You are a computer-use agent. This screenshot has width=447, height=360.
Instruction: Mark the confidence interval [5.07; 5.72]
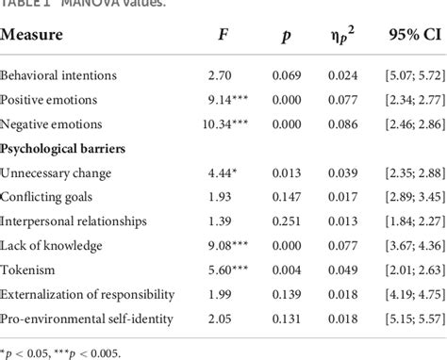[403, 74]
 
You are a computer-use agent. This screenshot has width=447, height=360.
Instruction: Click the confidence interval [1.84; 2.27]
[403, 221]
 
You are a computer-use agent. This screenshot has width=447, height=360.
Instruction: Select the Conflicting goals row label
[48, 197]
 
